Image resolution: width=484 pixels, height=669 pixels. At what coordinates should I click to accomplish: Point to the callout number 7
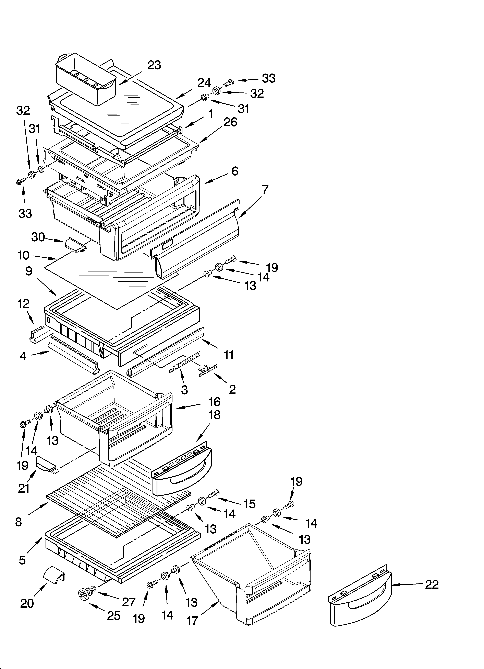(265, 190)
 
